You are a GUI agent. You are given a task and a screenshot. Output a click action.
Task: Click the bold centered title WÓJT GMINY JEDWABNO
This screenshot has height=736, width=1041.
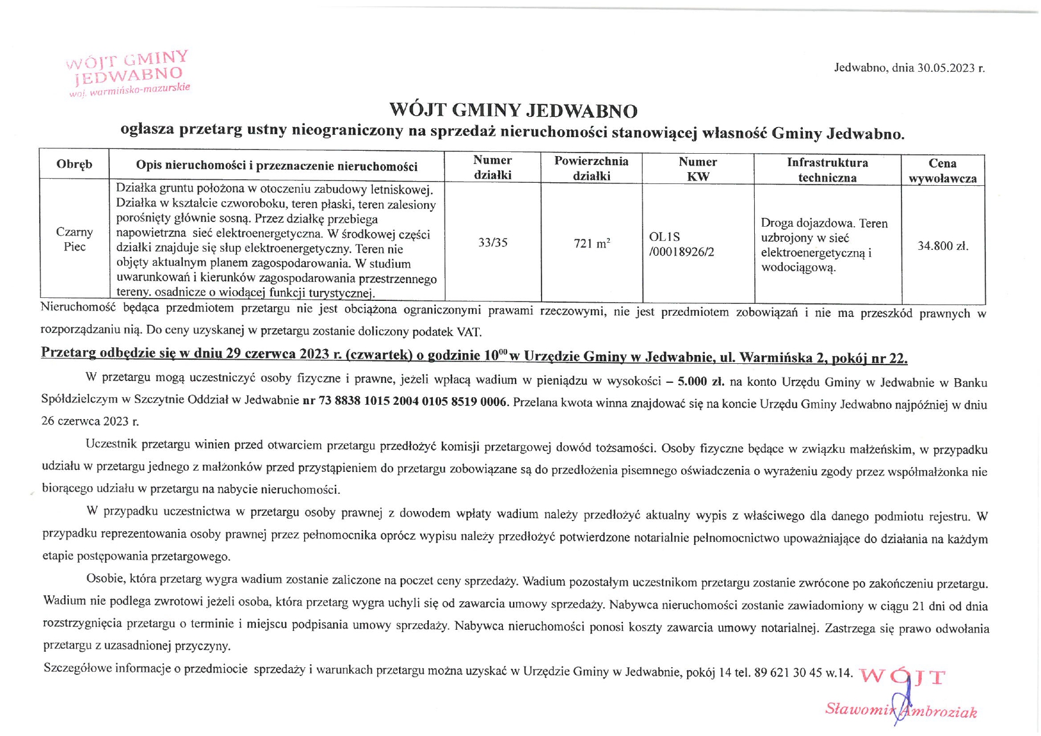[x=513, y=110]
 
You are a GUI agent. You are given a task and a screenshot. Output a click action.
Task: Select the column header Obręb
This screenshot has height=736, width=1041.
[x=74, y=164]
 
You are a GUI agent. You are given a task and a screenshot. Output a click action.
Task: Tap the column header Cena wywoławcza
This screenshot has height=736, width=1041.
[x=942, y=170]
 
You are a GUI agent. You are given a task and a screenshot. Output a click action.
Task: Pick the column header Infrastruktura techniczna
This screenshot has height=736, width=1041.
[x=827, y=170]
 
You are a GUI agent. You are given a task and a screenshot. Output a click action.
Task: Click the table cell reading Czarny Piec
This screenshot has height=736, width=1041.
[x=74, y=239]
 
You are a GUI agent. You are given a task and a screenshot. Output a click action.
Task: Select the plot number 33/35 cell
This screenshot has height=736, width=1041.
[x=493, y=243]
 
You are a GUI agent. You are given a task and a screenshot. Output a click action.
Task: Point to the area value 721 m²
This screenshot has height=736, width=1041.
[x=591, y=243]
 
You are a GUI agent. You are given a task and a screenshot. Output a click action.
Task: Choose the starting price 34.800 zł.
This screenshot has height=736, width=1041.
[x=942, y=246]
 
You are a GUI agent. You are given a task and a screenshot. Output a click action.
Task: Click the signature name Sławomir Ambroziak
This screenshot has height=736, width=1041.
[x=900, y=710]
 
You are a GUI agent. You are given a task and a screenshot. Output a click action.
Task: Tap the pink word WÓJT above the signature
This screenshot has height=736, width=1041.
[x=901, y=677]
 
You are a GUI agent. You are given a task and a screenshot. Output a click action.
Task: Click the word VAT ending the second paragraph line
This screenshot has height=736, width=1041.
[x=469, y=331]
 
